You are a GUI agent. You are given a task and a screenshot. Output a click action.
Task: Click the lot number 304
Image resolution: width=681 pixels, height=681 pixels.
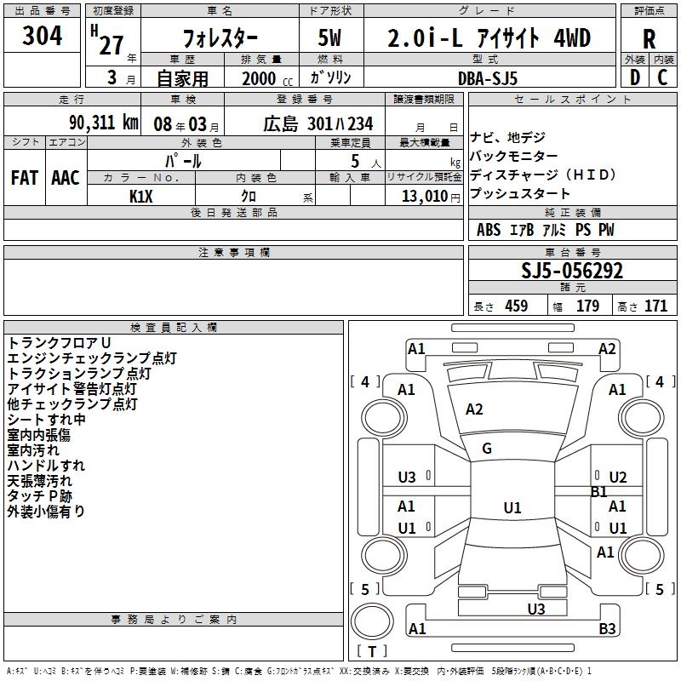42,37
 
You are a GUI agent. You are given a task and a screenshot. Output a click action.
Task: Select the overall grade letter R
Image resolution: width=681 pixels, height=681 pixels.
649,39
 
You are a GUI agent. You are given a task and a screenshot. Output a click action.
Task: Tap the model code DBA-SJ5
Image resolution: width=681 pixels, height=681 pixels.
488,78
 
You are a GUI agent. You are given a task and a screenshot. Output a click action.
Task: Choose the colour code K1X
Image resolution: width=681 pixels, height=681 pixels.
141,197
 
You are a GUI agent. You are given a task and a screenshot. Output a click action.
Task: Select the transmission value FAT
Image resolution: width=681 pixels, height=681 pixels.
24,178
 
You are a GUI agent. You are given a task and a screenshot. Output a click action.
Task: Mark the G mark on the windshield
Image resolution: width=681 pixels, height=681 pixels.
487,449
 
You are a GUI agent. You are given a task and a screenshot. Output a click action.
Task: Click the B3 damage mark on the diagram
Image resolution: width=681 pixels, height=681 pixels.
607,629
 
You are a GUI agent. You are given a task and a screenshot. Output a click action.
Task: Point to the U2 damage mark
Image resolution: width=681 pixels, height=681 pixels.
618,478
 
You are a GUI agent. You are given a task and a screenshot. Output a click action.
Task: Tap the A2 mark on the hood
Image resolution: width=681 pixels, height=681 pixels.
474,409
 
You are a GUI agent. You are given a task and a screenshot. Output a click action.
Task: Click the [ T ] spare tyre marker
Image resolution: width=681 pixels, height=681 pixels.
372,652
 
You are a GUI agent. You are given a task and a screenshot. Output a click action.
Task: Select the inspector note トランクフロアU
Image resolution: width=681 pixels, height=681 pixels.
60,342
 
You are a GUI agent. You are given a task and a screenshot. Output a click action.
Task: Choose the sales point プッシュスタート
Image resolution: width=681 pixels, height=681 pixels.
520,194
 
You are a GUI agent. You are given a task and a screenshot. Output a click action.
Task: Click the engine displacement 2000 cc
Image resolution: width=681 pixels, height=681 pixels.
260,78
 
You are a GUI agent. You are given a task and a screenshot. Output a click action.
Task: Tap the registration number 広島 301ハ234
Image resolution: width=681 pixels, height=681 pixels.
318,124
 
